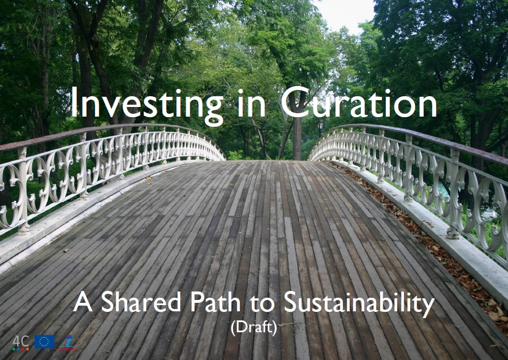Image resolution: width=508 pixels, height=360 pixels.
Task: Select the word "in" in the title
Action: pyautogui.click(x=252, y=103)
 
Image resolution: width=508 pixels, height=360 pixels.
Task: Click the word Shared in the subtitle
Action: pyautogui.click(x=141, y=302)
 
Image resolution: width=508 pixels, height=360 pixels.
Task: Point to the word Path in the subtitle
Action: pyautogui.click(x=215, y=302)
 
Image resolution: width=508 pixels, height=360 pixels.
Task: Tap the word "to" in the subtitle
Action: pyautogui.click(x=262, y=303)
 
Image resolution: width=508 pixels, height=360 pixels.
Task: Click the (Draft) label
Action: pyautogui.click(x=254, y=328)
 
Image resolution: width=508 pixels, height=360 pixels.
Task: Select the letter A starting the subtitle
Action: pyautogui.click(x=83, y=302)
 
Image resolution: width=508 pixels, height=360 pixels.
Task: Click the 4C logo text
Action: pyautogui.click(x=21, y=341)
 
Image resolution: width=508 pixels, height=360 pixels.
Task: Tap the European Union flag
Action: pyautogui.click(x=44, y=342)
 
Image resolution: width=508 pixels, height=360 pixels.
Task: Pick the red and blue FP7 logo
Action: pyautogui.click(x=67, y=343)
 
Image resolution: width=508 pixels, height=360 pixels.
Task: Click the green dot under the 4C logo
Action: pyautogui.click(x=14, y=349)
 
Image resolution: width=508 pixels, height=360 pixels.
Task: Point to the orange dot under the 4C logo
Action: pyautogui.click(x=27, y=349)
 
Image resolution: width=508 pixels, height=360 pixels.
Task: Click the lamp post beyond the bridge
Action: pyautogui.click(x=320, y=128)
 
